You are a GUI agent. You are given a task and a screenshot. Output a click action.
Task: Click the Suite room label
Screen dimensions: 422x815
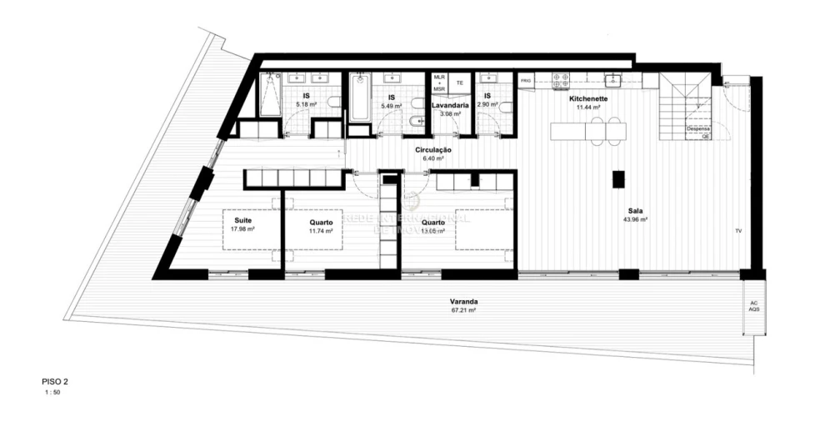click(x=243, y=220)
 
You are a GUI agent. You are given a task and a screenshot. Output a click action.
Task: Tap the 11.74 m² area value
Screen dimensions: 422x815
click(x=321, y=231)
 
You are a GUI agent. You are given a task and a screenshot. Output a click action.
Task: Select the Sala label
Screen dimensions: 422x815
click(x=634, y=211)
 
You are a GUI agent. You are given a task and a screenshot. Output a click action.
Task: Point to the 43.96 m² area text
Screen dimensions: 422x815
click(x=634, y=220)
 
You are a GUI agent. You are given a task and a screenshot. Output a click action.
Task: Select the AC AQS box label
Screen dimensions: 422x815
click(x=753, y=305)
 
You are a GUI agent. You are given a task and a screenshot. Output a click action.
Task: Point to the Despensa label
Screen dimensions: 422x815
click(x=697, y=129)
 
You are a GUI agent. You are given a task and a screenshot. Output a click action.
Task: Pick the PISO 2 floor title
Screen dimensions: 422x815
click(x=55, y=381)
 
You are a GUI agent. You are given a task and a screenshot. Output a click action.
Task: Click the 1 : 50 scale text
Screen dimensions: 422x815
click(x=52, y=391)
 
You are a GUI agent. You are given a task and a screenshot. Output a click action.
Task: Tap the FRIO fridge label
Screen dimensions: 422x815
click(x=525, y=80)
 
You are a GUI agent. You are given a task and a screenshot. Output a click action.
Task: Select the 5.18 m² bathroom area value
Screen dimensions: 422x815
click(x=307, y=106)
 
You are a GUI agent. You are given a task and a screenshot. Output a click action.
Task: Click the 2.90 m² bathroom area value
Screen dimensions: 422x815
click(x=487, y=106)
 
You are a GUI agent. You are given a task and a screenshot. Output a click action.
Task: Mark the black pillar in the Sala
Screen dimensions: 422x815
click(x=618, y=178)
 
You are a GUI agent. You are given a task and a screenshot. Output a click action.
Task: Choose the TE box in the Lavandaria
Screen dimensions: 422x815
click(x=459, y=83)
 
